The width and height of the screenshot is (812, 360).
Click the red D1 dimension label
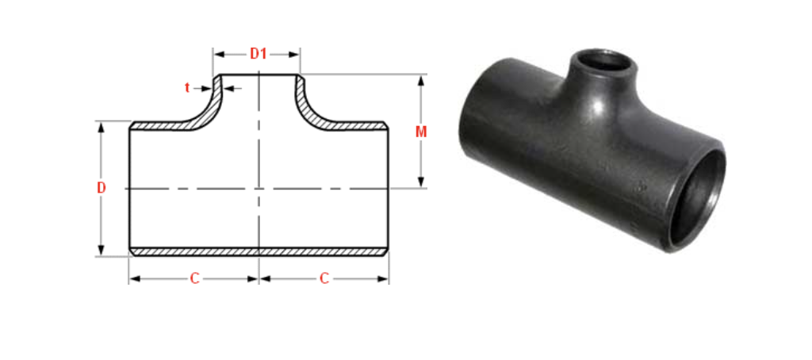click(x=259, y=54)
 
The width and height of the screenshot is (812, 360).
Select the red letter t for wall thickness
click(x=188, y=87)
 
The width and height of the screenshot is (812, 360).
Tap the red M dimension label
click(x=421, y=132)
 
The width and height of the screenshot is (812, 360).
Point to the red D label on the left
click(x=101, y=188)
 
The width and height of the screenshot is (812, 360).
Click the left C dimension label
click(x=194, y=278)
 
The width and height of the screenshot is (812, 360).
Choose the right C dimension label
click(x=324, y=278)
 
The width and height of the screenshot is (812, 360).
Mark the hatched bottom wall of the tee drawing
click(x=259, y=251)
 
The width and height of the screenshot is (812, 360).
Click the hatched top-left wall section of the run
click(x=159, y=125)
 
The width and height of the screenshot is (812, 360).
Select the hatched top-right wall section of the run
click(x=357, y=125)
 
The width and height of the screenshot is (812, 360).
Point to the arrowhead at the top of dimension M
click(x=421, y=80)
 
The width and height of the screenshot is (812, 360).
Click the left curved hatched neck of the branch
click(x=208, y=103)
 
